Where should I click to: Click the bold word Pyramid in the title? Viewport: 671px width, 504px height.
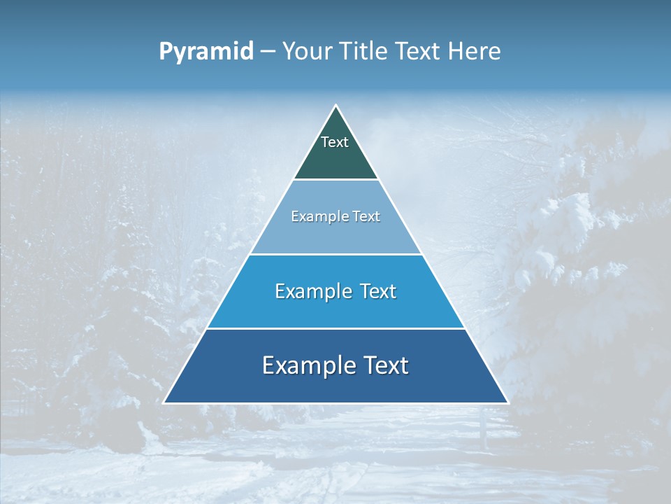[206, 52]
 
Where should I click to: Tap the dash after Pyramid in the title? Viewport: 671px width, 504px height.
[268, 52]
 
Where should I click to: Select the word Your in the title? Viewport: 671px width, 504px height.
[308, 52]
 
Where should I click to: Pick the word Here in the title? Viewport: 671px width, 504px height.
[475, 52]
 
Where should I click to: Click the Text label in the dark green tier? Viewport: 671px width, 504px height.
[335, 142]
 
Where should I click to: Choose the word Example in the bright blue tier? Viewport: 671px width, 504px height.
[310, 291]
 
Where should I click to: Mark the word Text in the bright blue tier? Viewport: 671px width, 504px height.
[378, 291]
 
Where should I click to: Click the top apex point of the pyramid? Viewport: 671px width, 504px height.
[336, 106]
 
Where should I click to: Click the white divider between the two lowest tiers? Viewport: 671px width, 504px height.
[336, 328]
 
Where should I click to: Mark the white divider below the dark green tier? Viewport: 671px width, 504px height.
[336, 180]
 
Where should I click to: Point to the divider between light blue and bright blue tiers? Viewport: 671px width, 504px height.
[336, 254]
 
